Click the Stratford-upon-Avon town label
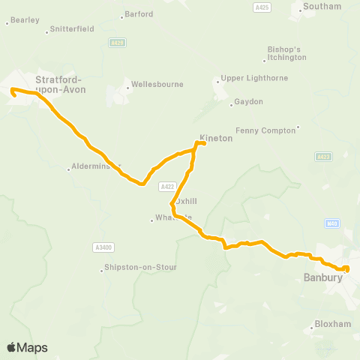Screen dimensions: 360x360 click(x=60, y=83)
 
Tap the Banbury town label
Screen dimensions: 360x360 click(x=323, y=277)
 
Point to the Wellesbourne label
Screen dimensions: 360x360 click(x=157, y=84)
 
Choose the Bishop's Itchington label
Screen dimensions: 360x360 click(x=287, y=53)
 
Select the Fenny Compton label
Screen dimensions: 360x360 click(x=265, y=130)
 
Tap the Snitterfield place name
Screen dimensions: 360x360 click(x=72, y=29)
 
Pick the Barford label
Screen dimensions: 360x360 click(x=139, y=13)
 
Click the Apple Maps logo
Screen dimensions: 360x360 click(x=27, y=347)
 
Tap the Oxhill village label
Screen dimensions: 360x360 click(x=186, y=201)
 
